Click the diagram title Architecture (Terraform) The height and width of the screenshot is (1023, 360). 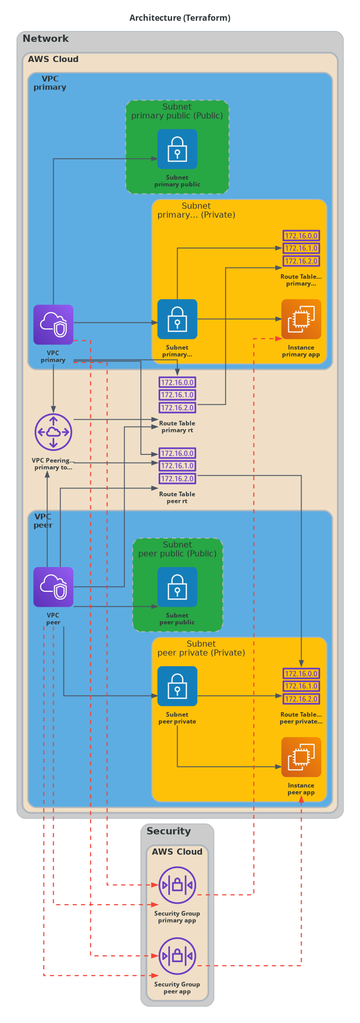point(180,18)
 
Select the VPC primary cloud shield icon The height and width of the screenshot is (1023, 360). point(53,324)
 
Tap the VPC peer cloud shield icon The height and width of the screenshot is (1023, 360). point(53,587)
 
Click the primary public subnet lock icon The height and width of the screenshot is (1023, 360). point(177,149)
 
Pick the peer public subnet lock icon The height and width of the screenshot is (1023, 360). point(177,587)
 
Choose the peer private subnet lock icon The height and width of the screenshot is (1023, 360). point(177,686)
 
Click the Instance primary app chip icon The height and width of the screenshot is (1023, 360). point(301,319)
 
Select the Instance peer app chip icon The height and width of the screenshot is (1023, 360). point(301,757)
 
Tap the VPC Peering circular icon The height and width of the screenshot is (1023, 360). point(53,432)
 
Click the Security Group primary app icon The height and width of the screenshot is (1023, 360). point(177,885)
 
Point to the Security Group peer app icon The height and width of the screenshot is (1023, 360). point(177,956)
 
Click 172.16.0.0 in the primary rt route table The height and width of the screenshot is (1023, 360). point(177,383)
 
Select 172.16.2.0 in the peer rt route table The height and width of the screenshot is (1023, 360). point(177,479)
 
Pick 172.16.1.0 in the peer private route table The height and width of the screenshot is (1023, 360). point(301,686)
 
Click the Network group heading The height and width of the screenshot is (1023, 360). point(45,39)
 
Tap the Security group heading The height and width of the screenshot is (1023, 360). point(168,831)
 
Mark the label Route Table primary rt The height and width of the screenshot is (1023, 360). point(177,427)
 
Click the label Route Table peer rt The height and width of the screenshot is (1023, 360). point(177,497)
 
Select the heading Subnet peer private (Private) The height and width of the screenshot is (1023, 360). point(201,648)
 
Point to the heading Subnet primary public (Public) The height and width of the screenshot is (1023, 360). point(177,111)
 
